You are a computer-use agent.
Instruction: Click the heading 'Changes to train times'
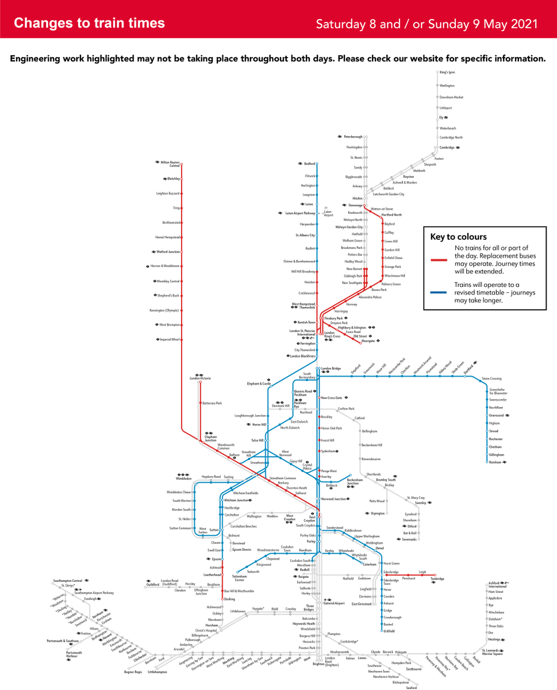(89, 23)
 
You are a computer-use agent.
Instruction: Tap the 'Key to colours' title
(458, 236)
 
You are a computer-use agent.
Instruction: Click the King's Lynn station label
(447, 72)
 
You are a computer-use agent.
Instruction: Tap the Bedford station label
(309, 164)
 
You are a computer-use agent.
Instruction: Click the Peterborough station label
(353, 137)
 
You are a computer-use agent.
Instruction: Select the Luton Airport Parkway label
(300, 213)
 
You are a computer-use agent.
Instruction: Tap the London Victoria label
(201, 378)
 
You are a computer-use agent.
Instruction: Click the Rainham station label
(495, 462)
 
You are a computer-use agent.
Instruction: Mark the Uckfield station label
(389, 631)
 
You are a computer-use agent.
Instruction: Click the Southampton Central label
(67, 581)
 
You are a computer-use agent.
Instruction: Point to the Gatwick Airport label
(335, 603)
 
